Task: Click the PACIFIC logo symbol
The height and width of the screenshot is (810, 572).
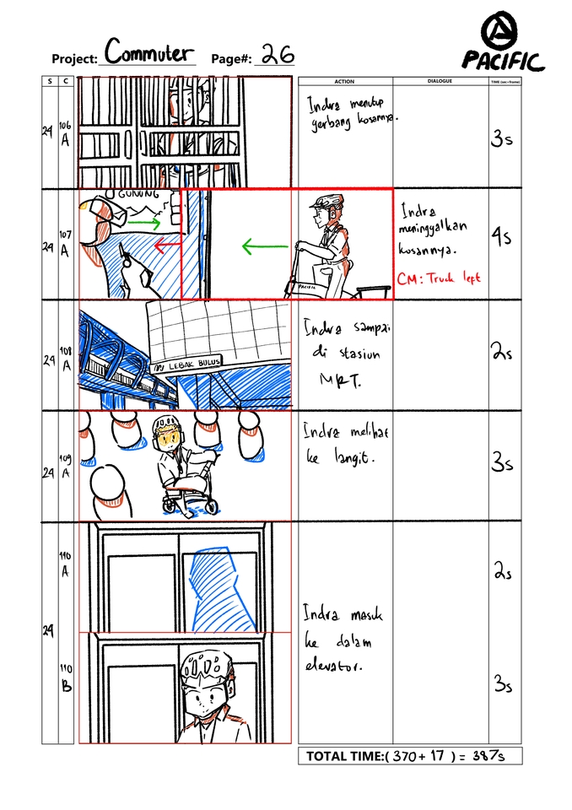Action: (x=502, y=33)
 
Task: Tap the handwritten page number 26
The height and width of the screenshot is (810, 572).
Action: (x=276, y=55)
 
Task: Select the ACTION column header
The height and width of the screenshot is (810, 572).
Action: (x=344, y=82)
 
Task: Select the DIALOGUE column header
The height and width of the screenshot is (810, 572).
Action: (x=440, y=82)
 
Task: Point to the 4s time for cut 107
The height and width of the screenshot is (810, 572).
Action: (x=501, y=239)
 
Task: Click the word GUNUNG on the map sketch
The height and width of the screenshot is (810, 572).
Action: (x=139, y=195)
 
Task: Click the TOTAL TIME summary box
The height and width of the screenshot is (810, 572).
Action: (x=409, y=756)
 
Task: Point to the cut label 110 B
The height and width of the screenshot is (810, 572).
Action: (x=66, y=678)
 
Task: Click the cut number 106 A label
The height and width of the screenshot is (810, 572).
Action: (x=66, y=132)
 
